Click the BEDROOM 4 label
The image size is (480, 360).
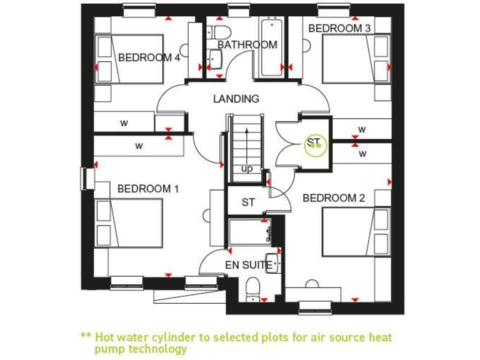149,57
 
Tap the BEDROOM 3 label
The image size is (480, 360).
339,28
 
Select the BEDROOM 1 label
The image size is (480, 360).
148,188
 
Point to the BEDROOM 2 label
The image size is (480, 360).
334,198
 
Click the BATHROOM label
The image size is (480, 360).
247,45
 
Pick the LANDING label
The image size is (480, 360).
236,99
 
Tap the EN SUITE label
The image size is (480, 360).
249,265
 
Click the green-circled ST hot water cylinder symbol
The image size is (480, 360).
314,144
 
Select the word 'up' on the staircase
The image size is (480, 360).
247,169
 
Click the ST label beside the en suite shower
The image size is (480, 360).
248,202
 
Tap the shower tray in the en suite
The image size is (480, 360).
249,231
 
